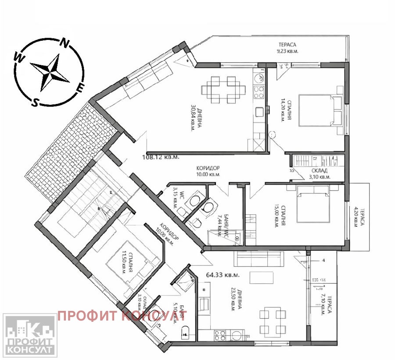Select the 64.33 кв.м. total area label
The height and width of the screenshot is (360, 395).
pos(223,275)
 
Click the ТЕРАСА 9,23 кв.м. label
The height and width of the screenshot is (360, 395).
pos(287,47)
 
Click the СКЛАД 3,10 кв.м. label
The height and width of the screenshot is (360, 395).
pos(319,174)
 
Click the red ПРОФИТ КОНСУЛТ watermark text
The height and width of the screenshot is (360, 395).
pos(122,315)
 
